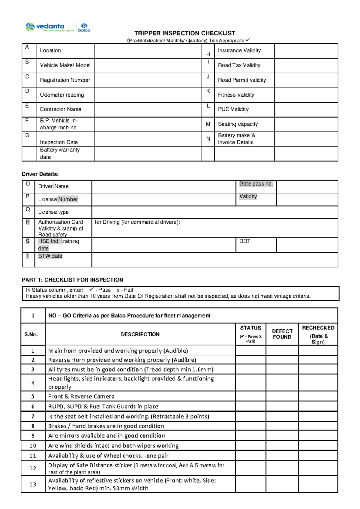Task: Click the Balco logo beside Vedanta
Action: tap(84, 27)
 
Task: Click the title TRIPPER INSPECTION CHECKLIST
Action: tap(184, 33)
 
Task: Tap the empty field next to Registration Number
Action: tap(148, 80)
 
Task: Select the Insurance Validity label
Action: tap(239, 50)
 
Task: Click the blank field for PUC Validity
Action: tap(306, 110)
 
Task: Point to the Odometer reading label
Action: tap(62, 95)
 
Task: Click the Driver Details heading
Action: tap(40, 174)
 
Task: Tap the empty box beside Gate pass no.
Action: tap(307, 187)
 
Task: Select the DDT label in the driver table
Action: tap(245, 241)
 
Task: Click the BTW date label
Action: tap(50, 256)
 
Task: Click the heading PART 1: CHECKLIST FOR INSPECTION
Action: tap(72, 280)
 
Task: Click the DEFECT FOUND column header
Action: tap(282, 334)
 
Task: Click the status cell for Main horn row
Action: tap(250, 351)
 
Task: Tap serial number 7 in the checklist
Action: tap(33, 417)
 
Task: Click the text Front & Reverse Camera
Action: tap(81, 396)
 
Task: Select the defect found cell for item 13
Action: tap(282, 484)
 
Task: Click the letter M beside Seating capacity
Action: tap(208, 124)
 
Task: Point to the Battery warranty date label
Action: tap(60, 153)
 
